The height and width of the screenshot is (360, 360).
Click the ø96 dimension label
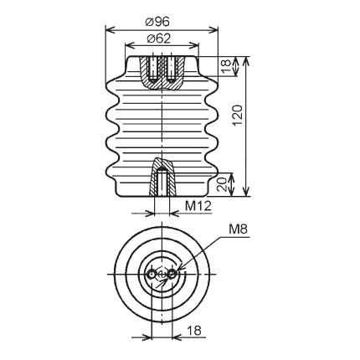coord(157,22)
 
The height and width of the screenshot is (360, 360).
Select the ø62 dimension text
coord(158,39)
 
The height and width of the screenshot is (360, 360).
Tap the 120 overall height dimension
coord(237,115)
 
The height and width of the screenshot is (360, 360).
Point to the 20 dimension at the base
coord(222,184)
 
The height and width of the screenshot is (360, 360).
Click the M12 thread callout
coord(198,206)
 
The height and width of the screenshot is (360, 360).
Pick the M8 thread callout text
coord(238,229)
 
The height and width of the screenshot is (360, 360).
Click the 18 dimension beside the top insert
coord(227,66)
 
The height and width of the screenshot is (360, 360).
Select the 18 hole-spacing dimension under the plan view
coord(194,331)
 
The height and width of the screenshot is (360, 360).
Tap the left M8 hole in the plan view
coord(152,275)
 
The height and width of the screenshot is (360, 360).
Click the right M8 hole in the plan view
coord(172,275)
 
